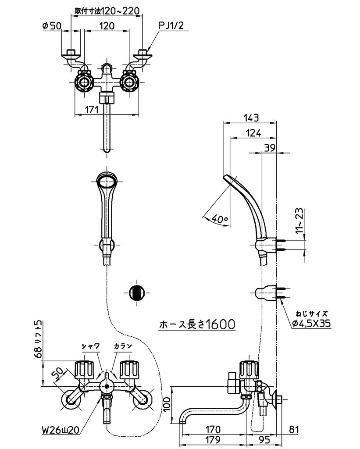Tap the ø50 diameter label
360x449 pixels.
click(x=52, y=26)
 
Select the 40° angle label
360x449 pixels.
click(x=218, y=218)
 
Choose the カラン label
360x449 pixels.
click(x=123, y=346)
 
